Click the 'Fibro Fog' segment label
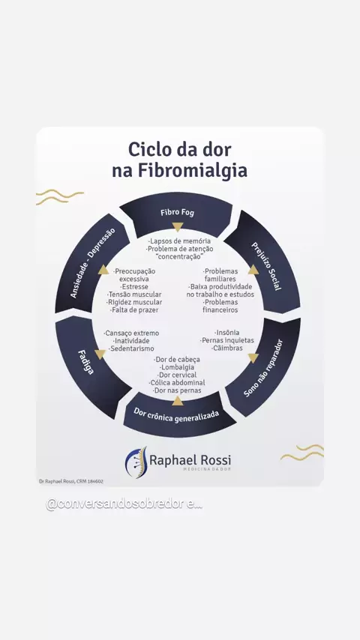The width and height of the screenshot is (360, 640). (x=177, y=213)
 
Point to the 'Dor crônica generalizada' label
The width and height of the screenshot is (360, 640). (x=176, y=415)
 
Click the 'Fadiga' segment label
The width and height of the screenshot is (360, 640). (x=85, y=362)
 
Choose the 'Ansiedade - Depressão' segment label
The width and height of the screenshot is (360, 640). (x=93, y=262)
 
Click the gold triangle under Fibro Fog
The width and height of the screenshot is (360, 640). (x=177, y=227)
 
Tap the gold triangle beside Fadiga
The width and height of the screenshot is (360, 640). (x=100, y=354)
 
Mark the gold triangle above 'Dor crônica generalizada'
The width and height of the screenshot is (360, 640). (x=177, y=401)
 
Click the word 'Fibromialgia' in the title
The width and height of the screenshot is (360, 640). (x=192, y=171)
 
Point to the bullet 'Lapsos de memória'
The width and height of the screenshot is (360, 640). (x=179, y=241)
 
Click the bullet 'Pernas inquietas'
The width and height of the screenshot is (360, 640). (x=227, y=340)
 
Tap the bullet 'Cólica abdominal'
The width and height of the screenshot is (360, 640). (x=177, y=382)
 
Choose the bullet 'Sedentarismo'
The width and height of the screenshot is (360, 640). (x=131, y=348)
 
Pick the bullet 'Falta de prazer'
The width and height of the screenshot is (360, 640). (x=134, y=310)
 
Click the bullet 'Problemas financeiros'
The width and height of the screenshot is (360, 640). (x=220, y=306)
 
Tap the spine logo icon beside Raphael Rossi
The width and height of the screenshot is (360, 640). (x=136, y=462)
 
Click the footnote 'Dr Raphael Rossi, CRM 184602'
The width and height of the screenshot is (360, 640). (x=71, y=481)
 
